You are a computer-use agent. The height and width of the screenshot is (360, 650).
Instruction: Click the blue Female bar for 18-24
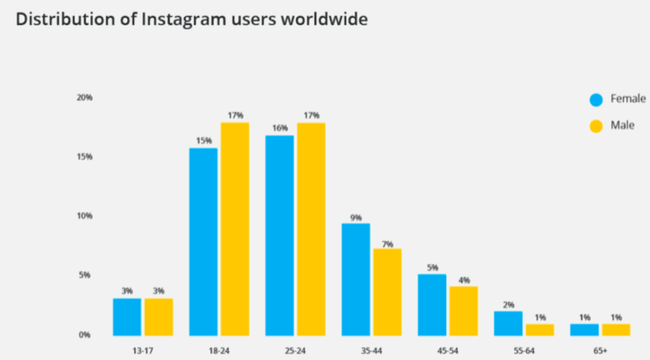coord(203,242)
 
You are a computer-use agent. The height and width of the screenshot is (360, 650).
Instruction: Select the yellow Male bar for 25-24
coord(310,229)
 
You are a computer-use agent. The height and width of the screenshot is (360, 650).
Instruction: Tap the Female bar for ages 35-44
coord(355,279)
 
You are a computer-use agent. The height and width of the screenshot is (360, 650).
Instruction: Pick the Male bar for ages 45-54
coord(463,311)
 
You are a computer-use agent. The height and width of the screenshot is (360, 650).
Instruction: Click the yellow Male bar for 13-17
coord(158,317)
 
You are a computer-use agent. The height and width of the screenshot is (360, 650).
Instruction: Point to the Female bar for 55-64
coord(508,323)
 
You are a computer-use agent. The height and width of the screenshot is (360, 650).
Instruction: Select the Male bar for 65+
coord(615,330)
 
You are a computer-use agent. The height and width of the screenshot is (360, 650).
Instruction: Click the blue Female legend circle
coord(596,100)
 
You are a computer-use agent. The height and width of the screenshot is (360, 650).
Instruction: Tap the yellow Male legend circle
coord(596,126)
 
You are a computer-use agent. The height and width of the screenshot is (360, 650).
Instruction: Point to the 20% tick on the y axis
coord(85,98)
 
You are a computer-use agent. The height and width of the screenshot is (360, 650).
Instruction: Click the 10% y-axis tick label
coord(85,216)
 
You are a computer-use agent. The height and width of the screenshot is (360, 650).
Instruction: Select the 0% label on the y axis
coord(85,335)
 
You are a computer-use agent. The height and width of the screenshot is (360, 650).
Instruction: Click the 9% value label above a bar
coord(355,218)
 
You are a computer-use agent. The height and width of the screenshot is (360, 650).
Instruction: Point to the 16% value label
coord(279,128)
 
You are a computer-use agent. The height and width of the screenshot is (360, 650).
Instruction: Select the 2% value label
coord(508,305)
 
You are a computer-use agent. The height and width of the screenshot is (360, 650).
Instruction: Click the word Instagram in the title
coord(171,20)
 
